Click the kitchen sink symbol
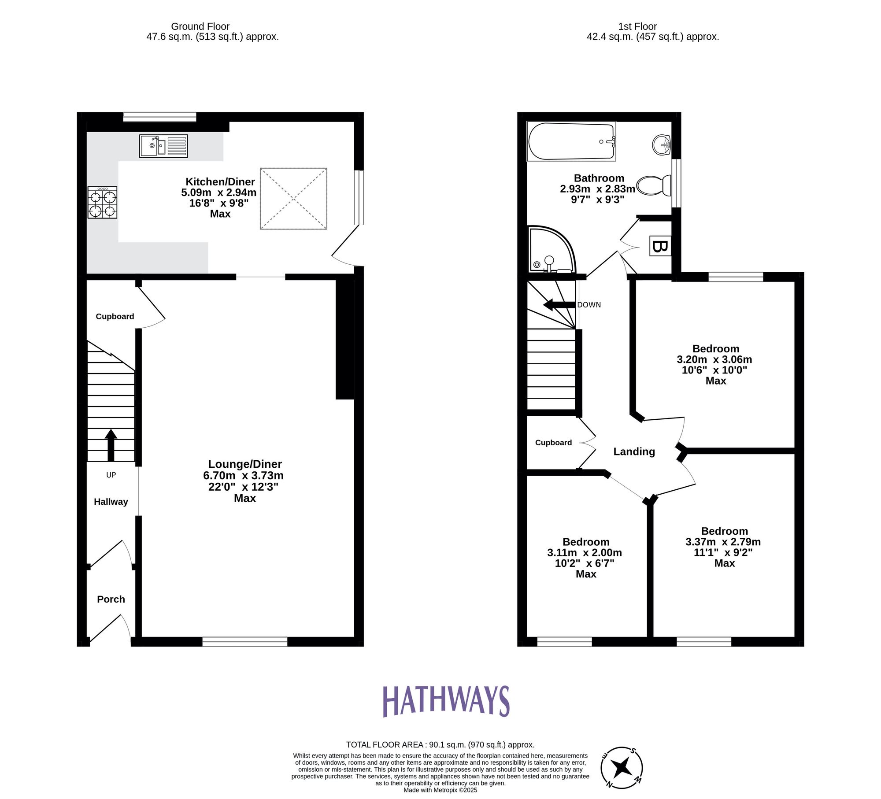163,146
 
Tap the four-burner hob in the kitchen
102,202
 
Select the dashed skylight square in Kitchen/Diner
293,198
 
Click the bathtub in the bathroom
571,141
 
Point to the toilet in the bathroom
654,185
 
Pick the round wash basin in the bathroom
661,144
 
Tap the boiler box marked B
660,246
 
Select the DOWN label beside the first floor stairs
589,305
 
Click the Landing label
634,451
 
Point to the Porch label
111,599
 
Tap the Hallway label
111,502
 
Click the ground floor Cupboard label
115,316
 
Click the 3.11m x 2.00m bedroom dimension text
585,553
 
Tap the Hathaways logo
446,701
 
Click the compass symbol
622,768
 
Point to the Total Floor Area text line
440,745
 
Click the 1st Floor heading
637,26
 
